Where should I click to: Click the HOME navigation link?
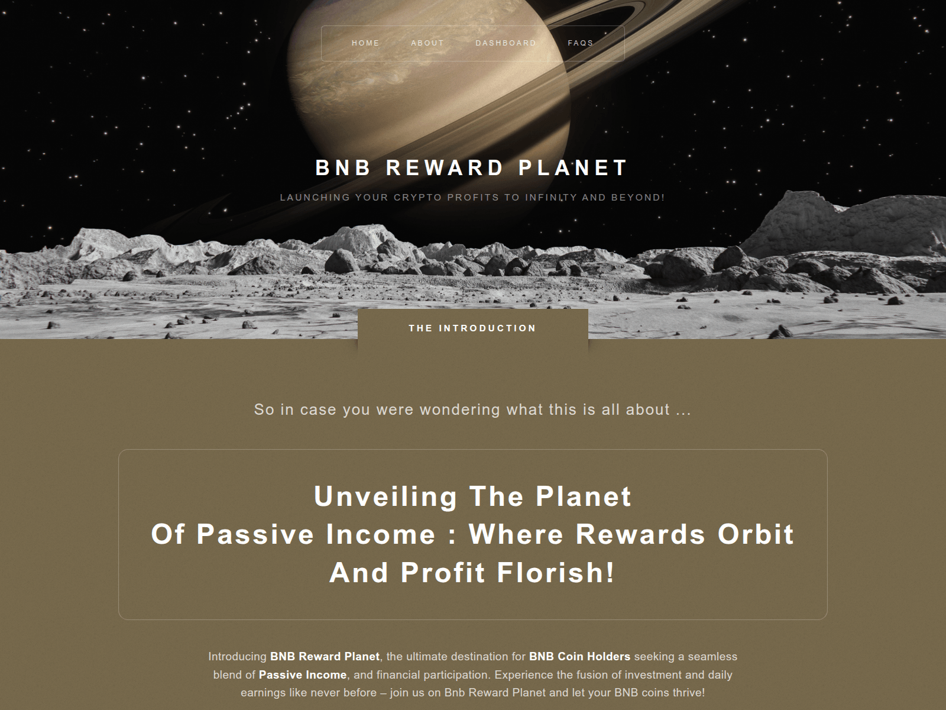click(x=365, y=43)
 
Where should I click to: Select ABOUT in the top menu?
click(x=427, y=43)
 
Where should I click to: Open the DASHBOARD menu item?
click(x=506, y=43)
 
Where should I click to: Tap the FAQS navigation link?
click(x=581, y=43)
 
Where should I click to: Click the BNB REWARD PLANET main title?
click(x=472, y=168)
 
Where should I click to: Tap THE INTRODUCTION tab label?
click(x=472, y=328)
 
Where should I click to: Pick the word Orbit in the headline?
click(x=756, y=534)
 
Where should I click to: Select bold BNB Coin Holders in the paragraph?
click(x=579, y=656)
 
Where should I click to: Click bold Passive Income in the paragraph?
click(x=303, y=674)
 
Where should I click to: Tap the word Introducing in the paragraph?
click(x=238, y=656)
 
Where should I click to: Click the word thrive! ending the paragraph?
click(x=688, y=692)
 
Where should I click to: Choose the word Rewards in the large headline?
click(x=640, y=534)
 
